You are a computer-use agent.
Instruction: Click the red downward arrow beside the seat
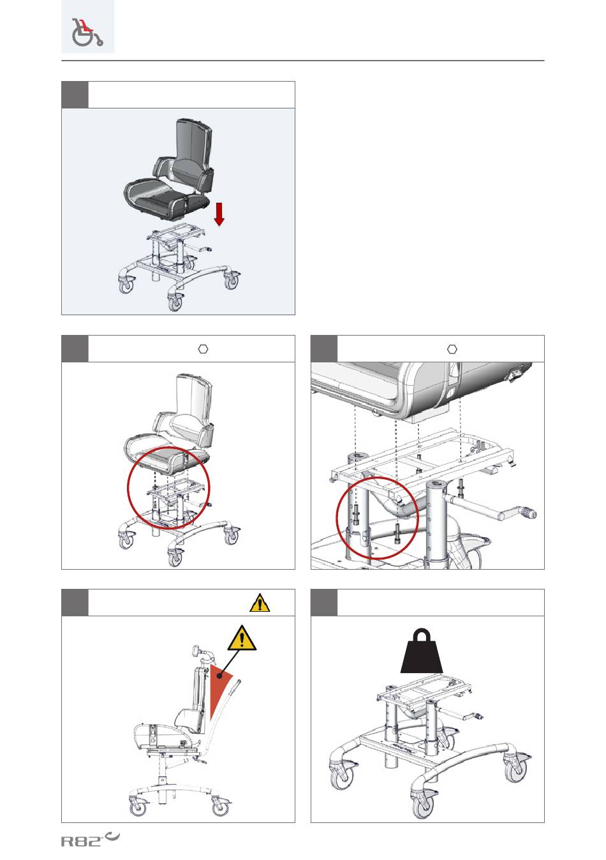(x=219, y=213)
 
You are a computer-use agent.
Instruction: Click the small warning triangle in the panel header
(x=259, y=603)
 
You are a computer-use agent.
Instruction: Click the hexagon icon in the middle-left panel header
(x=203, y=348)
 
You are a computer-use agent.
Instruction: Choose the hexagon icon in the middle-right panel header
(x=452, y=348)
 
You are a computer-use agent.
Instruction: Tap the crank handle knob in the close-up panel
(x=528, y=514)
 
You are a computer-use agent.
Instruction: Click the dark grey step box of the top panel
(x=75, y=94)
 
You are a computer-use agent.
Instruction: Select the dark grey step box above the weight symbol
(x=323, y=603)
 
